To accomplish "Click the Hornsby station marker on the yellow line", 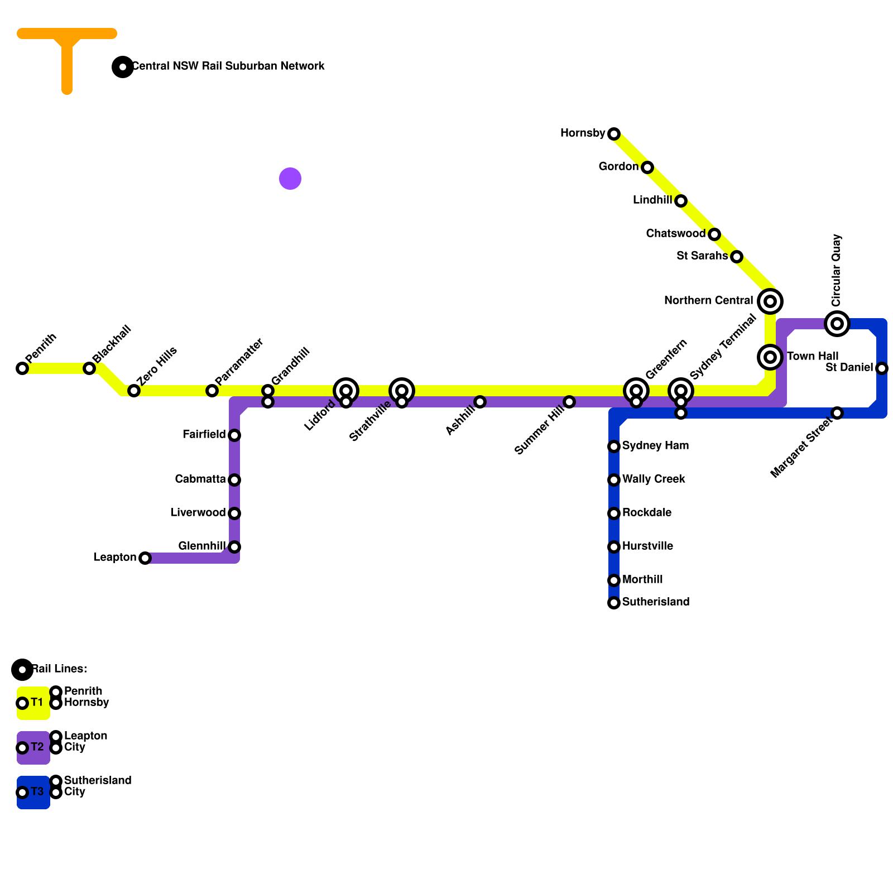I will coord(614,134).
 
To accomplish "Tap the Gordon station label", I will coord(618,167).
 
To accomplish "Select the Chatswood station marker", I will coord(714,234).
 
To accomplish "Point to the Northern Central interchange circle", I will coord(770,301).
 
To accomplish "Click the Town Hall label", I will coord(813,357).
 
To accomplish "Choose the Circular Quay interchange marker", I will coord(837,324).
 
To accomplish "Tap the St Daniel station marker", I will coord(882,368).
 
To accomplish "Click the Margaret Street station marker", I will coord(837,413).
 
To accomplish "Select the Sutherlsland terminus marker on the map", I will coord(614,603).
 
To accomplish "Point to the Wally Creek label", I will coord(654,479).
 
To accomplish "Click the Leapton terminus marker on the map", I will coord(145,558).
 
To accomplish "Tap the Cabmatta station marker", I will coord(234,480).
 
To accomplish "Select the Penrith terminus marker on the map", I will coord(22,368).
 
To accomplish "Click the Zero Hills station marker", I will coord(134,391).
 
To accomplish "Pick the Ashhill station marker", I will coord(480,402).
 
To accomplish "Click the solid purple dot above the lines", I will coord(290,179).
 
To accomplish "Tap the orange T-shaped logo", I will coord(67,50).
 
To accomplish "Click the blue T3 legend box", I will coord(33,793).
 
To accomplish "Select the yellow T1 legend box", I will coord(33,703).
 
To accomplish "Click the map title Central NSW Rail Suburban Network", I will coord(228,66).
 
